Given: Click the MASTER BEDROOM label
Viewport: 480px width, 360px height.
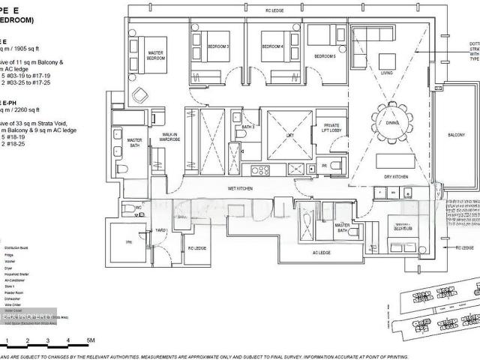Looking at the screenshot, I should coord(156,55).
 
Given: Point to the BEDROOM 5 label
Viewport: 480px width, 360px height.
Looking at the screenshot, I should coord(324,57).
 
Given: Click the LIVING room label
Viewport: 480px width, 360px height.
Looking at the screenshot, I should coord(386,73).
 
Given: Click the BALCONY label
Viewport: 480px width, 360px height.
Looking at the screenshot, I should coord(456,135).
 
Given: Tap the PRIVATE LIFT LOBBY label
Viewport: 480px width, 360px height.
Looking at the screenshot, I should coord(330,129).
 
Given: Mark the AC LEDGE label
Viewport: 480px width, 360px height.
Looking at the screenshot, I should coord(321,253).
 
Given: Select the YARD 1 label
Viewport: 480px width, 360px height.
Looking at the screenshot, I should coord(160,229).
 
